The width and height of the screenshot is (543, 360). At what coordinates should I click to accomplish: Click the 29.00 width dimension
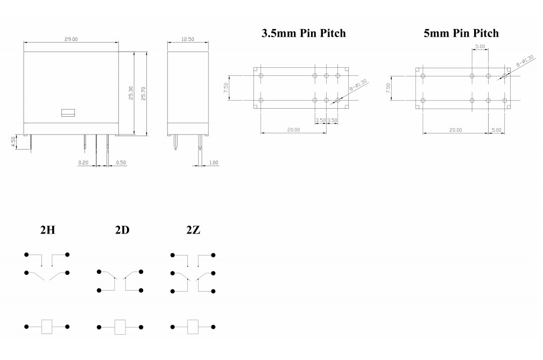click(x=72, y=39)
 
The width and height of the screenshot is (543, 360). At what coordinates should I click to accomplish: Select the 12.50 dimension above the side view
click(x=188, y=39)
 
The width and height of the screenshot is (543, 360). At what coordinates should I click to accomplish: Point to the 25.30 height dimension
click(x=130, y=93)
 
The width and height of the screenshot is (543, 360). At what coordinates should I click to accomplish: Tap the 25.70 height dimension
click(x=143, y=93)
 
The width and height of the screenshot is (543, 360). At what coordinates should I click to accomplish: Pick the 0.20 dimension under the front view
click(x=83, y=162)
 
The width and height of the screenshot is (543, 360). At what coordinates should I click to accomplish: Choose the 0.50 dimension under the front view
click(x=121, y=162)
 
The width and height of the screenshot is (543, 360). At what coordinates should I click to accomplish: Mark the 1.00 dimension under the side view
click(x=214, y=162)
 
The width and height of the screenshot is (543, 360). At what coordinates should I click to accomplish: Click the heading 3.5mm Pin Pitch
click(x=304, y=33)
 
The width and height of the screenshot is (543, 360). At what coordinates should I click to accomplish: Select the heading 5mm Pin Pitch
click(x=461, y=33)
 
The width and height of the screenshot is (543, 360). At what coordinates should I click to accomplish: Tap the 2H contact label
click(x=47, y=230)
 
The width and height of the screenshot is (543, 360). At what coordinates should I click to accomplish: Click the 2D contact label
click(x=122, y=230)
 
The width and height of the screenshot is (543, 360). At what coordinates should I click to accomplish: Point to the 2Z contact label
click(x=193, y=230)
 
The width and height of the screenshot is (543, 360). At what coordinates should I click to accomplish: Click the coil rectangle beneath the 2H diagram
click(x=47, y=326)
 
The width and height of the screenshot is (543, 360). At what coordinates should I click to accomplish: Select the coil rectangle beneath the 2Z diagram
click(x=193, y=326)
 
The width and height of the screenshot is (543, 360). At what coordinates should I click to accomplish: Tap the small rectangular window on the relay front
click(x=68, y=112)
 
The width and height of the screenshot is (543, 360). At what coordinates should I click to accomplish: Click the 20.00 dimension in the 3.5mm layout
click(x=293, y=130)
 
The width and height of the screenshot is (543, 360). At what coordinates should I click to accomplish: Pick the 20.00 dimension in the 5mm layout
click(x=455, y=130)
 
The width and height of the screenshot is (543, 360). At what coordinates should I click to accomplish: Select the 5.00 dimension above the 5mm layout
click(x=480, y=47)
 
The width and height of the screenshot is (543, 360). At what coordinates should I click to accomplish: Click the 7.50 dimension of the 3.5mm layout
click(x=227, y=88)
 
